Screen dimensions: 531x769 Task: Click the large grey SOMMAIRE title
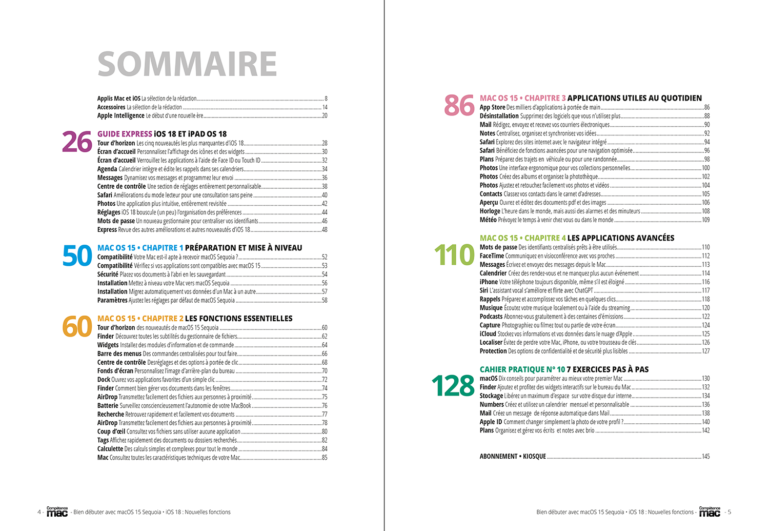click(187, 64)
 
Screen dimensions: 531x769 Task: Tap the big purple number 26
click(77, 143)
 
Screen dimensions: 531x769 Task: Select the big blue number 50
click(77, 256)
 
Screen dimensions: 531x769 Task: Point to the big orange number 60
click(77, 327)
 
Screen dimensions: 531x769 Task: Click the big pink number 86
click(459, 106)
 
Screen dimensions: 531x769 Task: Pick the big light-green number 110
click(454, 255)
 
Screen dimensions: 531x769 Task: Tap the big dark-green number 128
click(453, 386)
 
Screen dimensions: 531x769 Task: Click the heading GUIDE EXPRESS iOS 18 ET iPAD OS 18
click(162, 134)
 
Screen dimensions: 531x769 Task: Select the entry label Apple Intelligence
click(121, 116)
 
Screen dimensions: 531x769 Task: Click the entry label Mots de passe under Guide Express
click(116, 221)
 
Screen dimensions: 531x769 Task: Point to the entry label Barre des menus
click(119, 354)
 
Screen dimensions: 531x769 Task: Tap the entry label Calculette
click(110, 449)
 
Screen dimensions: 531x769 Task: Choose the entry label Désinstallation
click(499, 116)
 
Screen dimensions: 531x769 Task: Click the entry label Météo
click(488, 220)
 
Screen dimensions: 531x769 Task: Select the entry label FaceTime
click(492, 256)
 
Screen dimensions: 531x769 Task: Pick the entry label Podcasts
click(491, 317)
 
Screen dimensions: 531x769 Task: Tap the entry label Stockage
click(491, 396)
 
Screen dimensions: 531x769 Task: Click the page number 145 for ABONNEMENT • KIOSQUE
click(705, 457)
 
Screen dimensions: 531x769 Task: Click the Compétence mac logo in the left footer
click(57, 512)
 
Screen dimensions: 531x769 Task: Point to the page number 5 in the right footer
click(730, 512)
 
